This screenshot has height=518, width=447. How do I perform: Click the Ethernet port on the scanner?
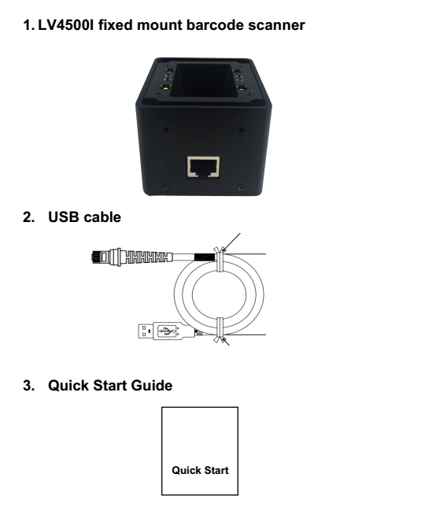point(203,167)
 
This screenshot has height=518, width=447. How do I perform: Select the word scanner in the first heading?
point(277,26)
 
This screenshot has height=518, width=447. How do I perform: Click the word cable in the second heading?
point(102,217)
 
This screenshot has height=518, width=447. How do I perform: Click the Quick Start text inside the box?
point(200,470)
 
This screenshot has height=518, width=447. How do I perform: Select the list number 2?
point(28,217)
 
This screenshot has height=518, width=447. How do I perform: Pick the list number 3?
point(28,386)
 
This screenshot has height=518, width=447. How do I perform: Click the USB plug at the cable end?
point(166,331)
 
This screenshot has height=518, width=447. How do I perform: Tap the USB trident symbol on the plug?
point(167,331)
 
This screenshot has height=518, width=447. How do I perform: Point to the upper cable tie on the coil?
point(220,259)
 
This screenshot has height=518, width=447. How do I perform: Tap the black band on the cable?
point(205,257)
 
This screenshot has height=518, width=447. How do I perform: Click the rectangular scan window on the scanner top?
point(203,80)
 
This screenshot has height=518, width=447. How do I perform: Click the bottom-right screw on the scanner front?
point(242,187)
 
